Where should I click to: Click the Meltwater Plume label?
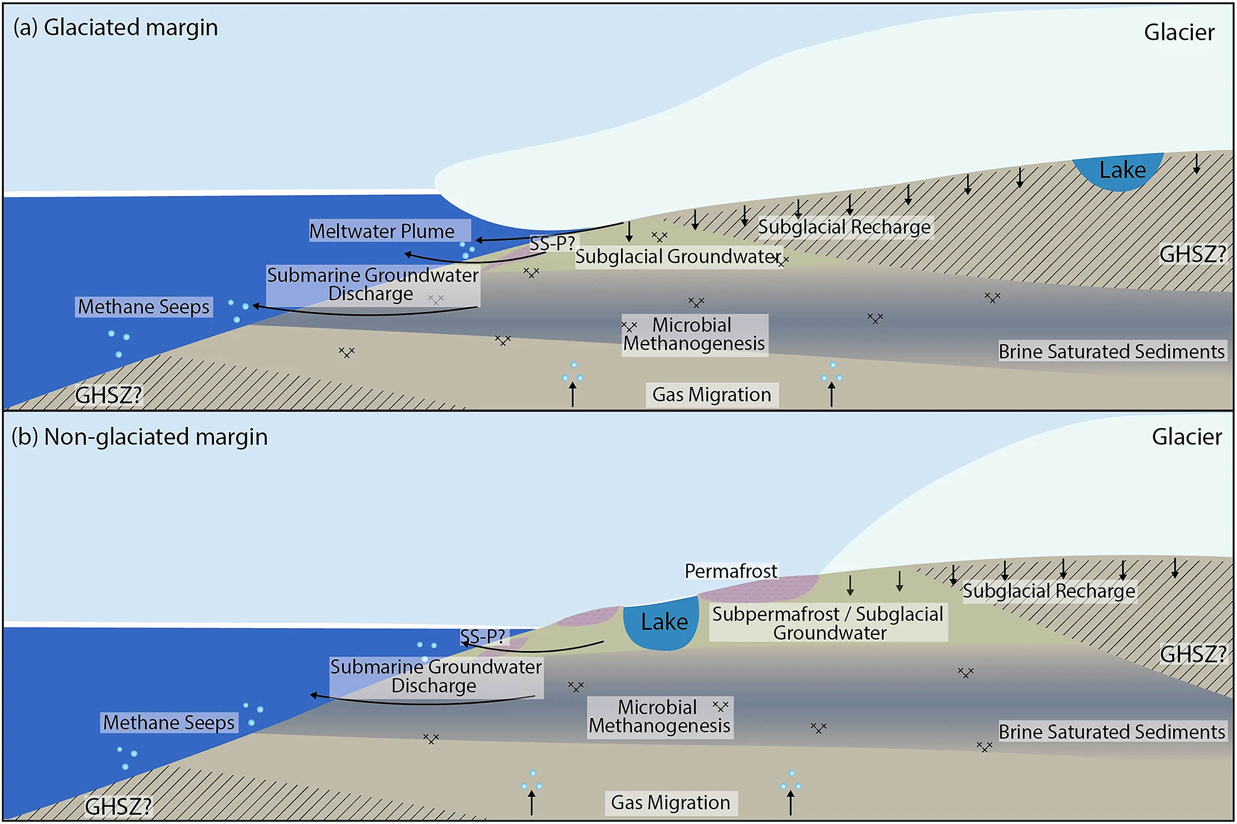click(x=382, y=231)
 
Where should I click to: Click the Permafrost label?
click(x=731, y=571)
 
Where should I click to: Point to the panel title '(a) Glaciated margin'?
click(x=116, y=27)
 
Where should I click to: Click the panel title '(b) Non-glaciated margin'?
click(x=140, y=436)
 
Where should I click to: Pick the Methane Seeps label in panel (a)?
click(x=143, y=307)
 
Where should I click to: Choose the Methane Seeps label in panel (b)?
click(x=169, y=723)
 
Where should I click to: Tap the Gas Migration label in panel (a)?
click(x=711, y=394)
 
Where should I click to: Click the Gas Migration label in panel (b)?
click(x=670, y=802)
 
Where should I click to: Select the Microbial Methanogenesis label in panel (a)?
click(x=693, y=335)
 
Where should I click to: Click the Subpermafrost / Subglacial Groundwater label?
click(x=828, y=623)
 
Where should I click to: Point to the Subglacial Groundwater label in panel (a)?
click(x=677, y=256)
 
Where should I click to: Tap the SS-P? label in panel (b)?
click(x=482, y=636)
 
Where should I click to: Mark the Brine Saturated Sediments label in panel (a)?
click(x=1111, y=351)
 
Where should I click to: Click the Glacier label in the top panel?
click(x=1179, y=33)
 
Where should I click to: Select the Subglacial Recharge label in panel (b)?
click(x=1048, y=591)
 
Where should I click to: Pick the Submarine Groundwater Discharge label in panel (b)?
click(x=435, y=677)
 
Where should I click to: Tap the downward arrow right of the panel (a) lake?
click(x=1196, y=163)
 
